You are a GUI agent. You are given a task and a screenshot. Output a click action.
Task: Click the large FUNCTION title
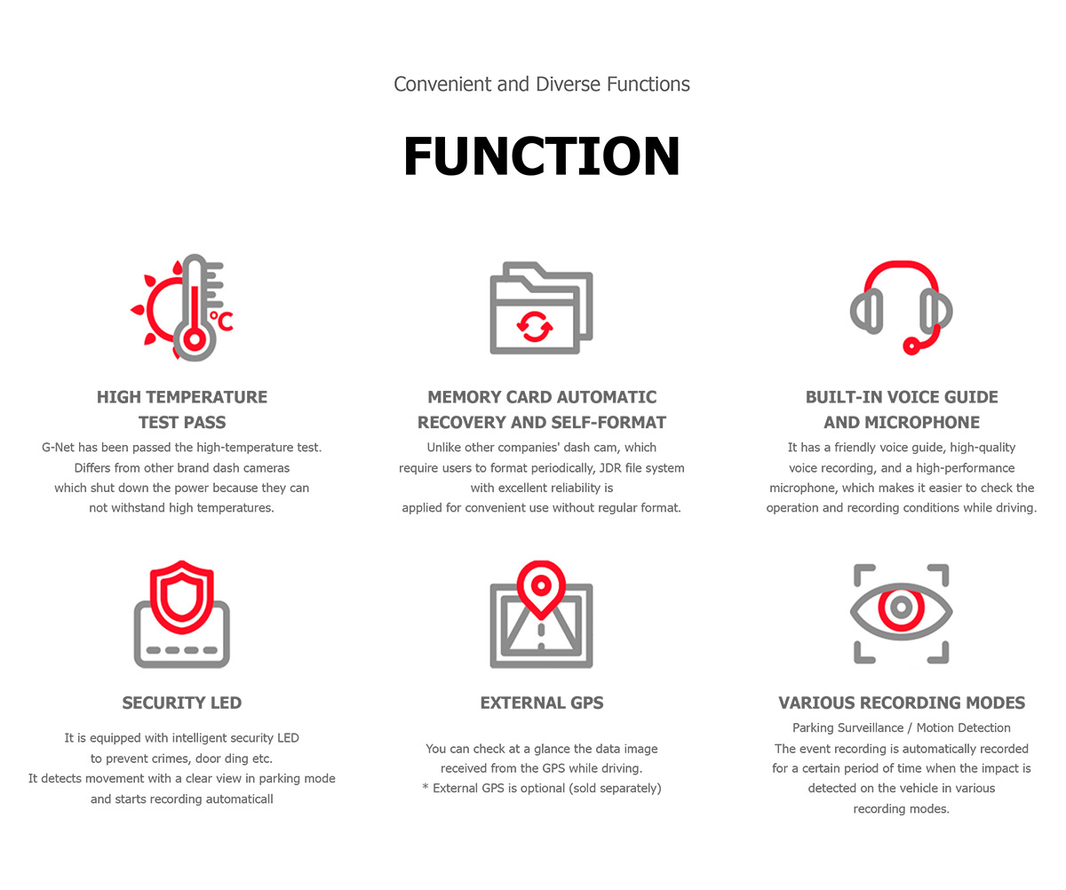pyautogui.click(x=541, y=155)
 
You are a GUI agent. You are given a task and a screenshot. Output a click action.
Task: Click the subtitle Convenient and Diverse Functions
pyautogui.click(x=541, y=84)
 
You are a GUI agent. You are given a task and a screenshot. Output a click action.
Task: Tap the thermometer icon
pyautogui.click(x=195, y=307)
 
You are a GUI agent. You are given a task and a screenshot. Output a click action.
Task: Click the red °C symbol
pyautogui.click(x=221, y=322)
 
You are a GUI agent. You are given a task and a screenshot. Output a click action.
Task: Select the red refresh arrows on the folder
pyautogui.click(x=535, y=326)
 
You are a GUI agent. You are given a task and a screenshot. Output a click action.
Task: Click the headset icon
pyautogui.click(x=901, y=307)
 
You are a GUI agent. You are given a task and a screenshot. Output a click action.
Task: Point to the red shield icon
pyautogui.click(x=182, y=598)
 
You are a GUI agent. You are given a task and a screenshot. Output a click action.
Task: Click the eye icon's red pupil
pyautogui.click(x=901, y=608)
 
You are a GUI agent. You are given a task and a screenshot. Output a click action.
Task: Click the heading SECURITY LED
pyautogui.click(x=182, y=703)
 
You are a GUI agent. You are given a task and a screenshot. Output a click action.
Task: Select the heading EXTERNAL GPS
pyautogui.click(x=542, y=703)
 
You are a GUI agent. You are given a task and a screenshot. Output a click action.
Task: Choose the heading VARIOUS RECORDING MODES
pyautogui.click(x=902, y=703)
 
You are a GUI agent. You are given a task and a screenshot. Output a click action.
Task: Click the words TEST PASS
pyautogui.click(x=182, y=422)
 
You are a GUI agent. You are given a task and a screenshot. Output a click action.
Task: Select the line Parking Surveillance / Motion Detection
pyautogui.click(x=901, y=728)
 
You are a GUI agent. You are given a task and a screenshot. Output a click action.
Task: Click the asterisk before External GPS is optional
pyautogui.click(x=426, y=787)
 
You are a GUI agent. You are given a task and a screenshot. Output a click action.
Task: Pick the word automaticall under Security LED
pyautogui.click(x=240, y=799)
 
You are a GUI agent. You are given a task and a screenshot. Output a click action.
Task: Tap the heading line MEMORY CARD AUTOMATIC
pyautogui.click(x=542, y=397)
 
